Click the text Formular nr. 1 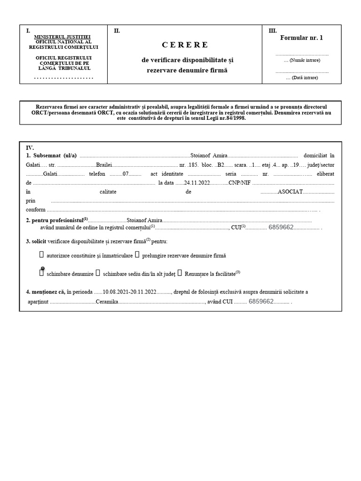[x=301, y=38]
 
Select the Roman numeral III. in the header [x=273, y=31]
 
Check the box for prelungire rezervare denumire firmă [x=137, y=255]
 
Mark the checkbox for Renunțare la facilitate [x=180, y=272]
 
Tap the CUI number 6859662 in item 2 [x=281, y=227]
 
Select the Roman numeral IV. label [x=30, y=147]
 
